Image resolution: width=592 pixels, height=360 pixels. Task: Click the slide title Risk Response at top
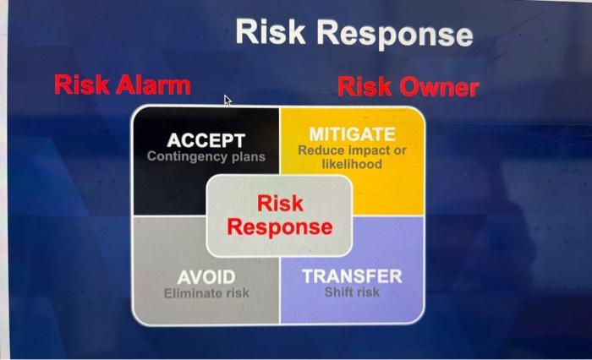354,33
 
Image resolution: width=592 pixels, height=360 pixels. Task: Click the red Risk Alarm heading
122,85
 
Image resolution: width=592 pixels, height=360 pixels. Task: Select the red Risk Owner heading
408,87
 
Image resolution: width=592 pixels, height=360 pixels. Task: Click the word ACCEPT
206,140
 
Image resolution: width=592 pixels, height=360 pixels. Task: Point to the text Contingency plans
206,157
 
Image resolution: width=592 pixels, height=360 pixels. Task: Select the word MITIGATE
352,134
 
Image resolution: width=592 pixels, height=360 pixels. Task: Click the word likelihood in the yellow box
352,164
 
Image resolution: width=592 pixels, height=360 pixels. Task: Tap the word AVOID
206,277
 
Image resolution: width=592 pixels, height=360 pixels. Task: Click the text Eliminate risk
206,293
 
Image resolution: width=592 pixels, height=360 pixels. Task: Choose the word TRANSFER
352,276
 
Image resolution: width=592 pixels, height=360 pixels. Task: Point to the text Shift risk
352,292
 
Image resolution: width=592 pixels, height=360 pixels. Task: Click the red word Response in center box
280,227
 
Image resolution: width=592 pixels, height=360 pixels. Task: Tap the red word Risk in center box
280,204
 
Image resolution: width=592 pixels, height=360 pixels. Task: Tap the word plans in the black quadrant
244,157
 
